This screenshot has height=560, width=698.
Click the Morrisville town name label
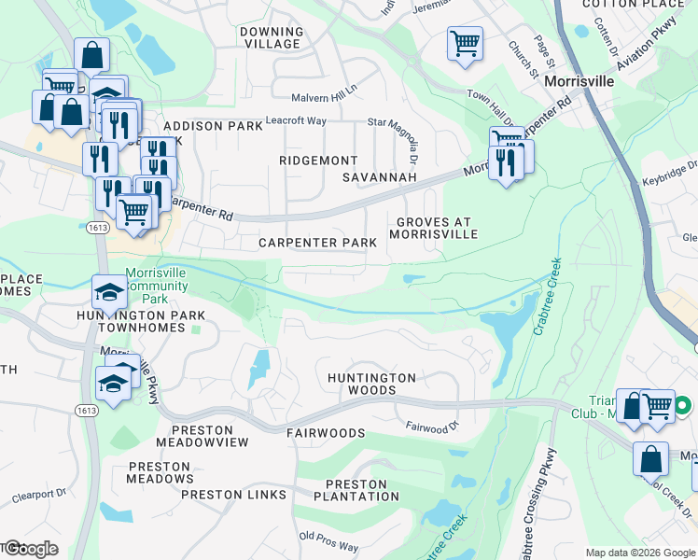point(579,82)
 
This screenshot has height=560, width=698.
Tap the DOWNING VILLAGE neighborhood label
point(272,37)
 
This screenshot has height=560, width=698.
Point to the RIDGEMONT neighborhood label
point(318,161)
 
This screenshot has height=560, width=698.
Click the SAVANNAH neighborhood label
point(378,176)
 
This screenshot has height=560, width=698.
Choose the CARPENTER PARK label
point(317,243)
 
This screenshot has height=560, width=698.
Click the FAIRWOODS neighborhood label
point(326,433)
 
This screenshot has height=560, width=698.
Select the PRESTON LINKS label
point(233,494)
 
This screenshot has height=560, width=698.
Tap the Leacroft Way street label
point(296,120)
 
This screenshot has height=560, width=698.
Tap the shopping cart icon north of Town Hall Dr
point(465,43)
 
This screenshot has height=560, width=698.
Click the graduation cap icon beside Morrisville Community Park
point(109,292)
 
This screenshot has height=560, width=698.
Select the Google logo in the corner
point(30,549)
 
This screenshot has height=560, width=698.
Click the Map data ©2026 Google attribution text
point(639,553)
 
